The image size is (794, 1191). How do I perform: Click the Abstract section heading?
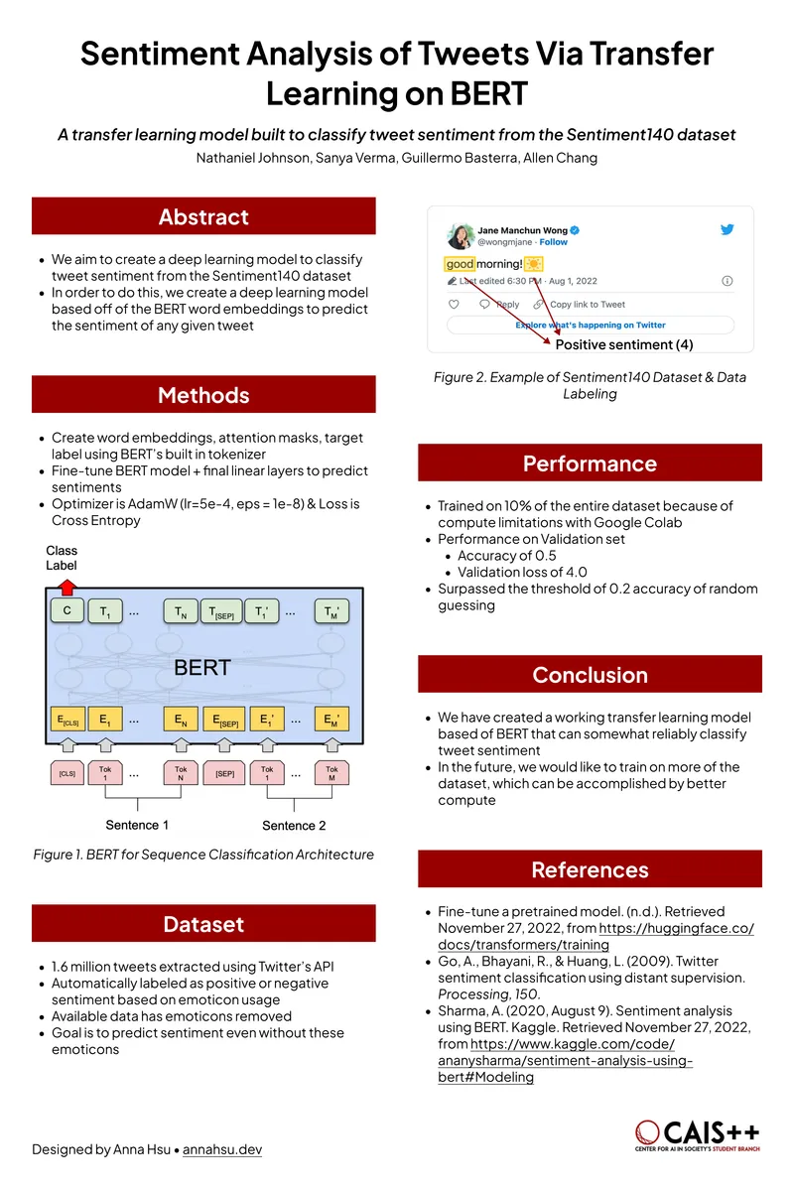pos(203,216)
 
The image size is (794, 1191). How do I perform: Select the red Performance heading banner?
pos(590,463)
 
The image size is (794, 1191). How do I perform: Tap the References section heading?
pos(590,869)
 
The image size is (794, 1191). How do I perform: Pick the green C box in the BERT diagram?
pos(66,612)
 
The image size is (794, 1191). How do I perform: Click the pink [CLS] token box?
pos(66,772)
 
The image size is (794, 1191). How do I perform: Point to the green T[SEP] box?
pos(220,612)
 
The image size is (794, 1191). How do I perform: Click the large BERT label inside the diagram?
pos(202,667)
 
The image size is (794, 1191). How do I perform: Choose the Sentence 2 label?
pos(294,825)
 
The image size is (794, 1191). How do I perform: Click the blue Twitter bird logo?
pos(728,229)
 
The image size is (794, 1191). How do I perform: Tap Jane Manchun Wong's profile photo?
pos(460,236)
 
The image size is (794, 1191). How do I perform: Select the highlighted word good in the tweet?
pos(461,264)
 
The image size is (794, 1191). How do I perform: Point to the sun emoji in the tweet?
pos(534,264)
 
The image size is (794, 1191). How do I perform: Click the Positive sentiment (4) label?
pos(623,344)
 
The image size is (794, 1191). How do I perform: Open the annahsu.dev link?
pos(222,1149)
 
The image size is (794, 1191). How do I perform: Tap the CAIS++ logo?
pos(699,1135)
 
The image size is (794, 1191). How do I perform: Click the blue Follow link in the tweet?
pos(554,242)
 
